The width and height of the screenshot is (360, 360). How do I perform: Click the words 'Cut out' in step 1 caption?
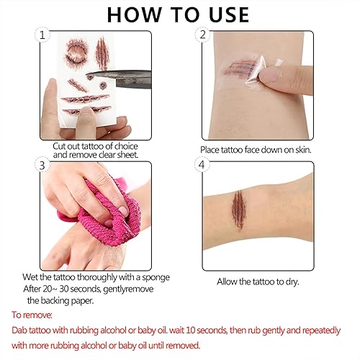pos(66,145)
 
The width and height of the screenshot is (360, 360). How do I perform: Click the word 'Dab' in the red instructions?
pos(22,330)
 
